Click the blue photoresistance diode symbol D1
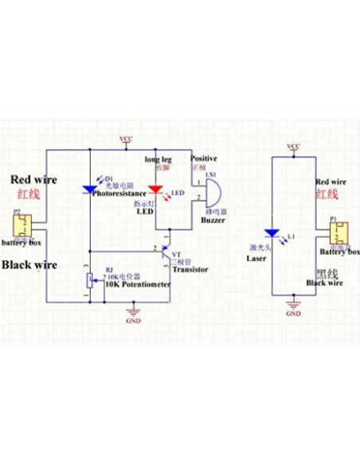click(x=89, y=190)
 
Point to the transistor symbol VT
click(x=166, y=256)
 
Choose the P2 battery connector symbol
click(x=22, y=226)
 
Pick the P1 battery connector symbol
click(x=338, y=233)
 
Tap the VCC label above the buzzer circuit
click(x=127, y=139)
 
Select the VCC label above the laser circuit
click(x=293, y=147)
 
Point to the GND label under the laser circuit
click(x=294, y=314)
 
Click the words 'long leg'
click(x=158, y=159)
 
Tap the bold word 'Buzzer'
click(x=213, y=221)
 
